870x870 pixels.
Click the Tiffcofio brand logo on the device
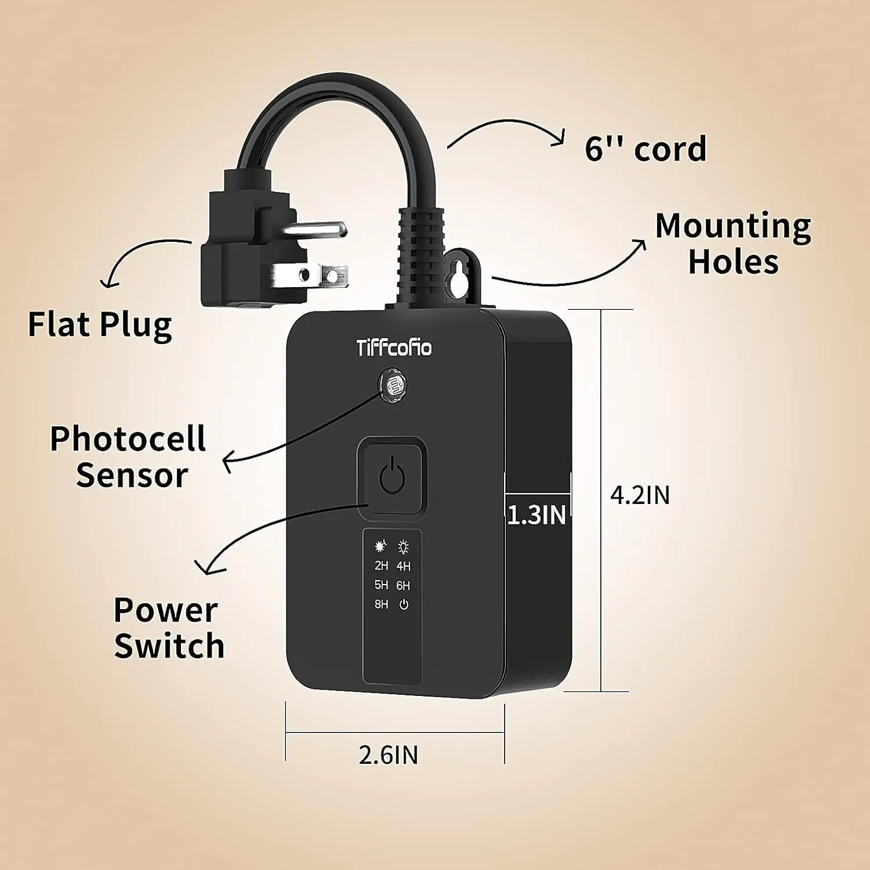click(x=394, y=348)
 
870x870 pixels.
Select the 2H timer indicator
click(x=381, y=565)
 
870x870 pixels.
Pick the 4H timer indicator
click(x=404, y=566)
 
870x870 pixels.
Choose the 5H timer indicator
click(x=381, y=585)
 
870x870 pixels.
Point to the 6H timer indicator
click(x=404, y=586)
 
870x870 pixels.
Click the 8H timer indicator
click(x=381, y=604)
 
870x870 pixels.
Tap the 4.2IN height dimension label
click(x=640, y=495)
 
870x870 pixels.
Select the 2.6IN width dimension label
click(x=388, y=755)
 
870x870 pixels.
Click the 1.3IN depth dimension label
click(x=536, y=515)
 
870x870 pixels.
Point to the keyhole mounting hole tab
click(x=461, y=275)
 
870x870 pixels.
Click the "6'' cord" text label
click(x=646, y=148)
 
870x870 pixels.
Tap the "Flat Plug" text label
click(x=100, y=324)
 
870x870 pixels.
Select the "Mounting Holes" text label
click(x=733, y=244)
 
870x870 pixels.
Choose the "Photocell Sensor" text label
click(x=128, y=457)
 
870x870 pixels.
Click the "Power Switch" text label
click(x=168, y=628)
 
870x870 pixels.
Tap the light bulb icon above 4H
click(x=404, y=546)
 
